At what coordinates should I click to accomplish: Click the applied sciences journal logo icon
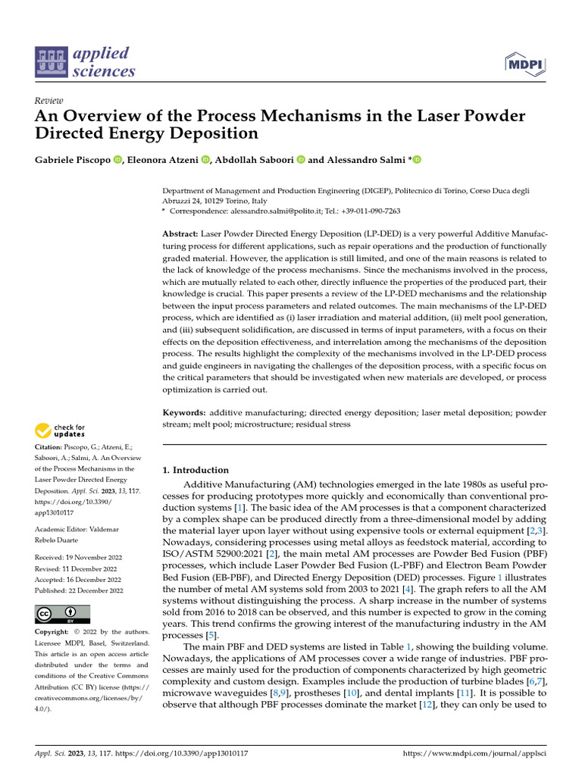(x=52, y=63)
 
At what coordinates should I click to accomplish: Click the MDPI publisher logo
(x=524, y=64)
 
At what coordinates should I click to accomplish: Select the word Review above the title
(x=49, y=102)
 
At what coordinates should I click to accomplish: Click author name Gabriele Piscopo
(x=72, y=160)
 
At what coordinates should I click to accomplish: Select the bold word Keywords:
(x=185, y=413)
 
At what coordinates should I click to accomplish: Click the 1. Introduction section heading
(x=196, y=470)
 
